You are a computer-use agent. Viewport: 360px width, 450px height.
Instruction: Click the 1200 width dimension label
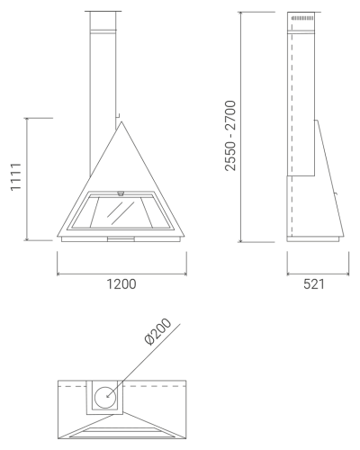pos(121,284)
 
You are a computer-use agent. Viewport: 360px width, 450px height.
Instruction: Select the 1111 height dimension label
pos(15,177)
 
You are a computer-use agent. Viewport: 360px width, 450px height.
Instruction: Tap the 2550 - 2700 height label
pos(230,136)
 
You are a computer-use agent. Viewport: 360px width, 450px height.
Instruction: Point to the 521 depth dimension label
pos(314,284)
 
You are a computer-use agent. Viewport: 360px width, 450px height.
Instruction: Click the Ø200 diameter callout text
pos(157,331)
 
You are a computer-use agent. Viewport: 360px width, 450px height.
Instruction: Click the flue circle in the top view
pos(105,398)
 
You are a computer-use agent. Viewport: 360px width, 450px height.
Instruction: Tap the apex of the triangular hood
pos(121,121)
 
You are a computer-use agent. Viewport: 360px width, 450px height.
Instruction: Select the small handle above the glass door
pos(121,193)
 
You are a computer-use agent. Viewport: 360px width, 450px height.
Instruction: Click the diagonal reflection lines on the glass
pos(121,212)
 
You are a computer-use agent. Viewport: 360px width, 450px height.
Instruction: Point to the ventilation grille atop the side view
pos(302,19)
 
